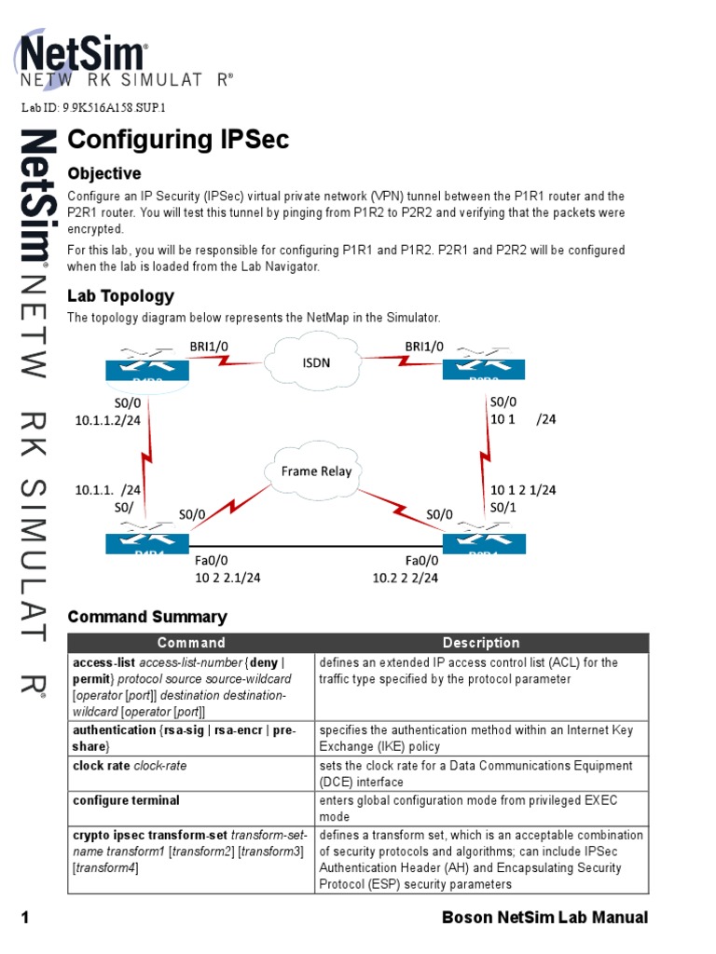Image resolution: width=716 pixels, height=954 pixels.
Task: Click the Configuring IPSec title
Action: [178, 140]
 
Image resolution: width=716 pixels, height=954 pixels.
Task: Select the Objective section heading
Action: [104, 173]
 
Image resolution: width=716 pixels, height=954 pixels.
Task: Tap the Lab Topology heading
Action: [120, 296]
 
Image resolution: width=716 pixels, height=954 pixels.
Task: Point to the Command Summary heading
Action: [147, 617]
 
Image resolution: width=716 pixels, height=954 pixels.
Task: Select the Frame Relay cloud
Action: [316, 471]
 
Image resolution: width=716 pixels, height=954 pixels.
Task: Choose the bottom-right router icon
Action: [483, 541]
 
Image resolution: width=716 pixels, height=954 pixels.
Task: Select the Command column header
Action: [191, 643]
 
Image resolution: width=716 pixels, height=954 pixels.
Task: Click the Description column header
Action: [481, 643]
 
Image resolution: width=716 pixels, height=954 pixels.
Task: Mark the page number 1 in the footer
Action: [26, 918]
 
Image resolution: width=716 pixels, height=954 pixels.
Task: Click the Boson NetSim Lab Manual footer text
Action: [544, 918]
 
